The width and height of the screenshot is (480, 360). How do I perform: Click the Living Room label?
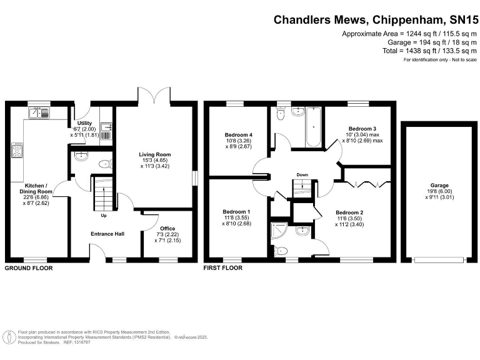point(155,154)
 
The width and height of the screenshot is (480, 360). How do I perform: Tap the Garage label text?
point(439,185)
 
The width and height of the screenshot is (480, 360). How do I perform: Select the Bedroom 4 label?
point(239,135)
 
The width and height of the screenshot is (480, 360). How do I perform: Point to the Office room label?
point(167,228)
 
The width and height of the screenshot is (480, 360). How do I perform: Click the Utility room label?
point(84,123)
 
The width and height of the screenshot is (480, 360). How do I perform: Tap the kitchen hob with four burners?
point(17,150)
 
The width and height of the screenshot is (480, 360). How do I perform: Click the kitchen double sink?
point(39,113)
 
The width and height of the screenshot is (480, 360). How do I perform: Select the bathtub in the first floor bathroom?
point(314,127)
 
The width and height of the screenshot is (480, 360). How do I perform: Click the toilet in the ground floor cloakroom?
point(106,164)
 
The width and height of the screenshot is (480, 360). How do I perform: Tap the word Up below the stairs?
point(104,216)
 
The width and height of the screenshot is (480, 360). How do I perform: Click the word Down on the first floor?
point(302,175)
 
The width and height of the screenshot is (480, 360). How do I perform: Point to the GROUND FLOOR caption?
point(29,268)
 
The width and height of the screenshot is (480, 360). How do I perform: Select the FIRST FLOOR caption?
point(223,268)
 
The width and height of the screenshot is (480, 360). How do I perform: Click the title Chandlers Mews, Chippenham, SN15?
point(376,20)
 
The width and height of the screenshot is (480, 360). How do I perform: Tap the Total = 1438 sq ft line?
point(429,51)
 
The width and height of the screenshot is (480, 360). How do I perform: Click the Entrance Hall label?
point(107,234)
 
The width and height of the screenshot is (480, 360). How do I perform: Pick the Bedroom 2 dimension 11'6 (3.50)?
point(349,219)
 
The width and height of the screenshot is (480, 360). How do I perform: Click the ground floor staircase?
point(104,193)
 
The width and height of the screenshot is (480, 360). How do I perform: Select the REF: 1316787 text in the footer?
point(76,342)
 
